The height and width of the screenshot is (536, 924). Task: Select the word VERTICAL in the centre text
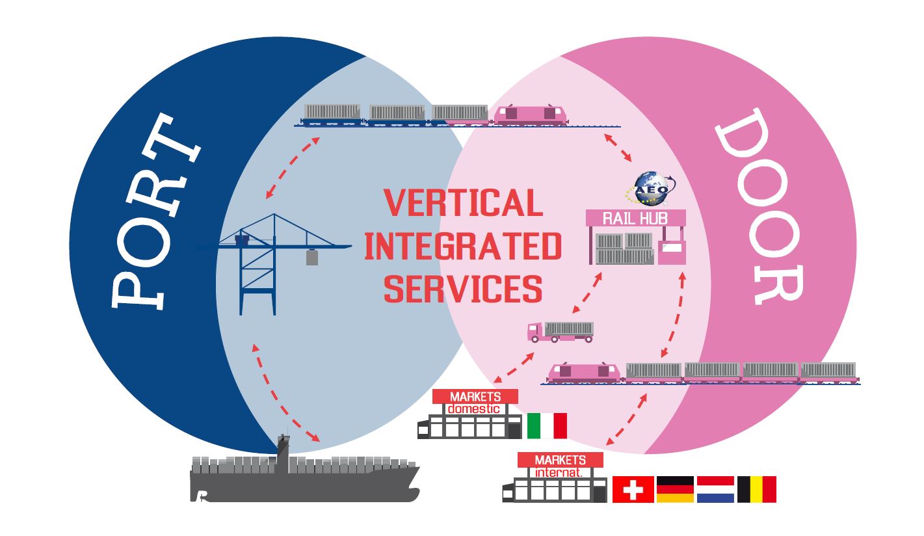tap(462, 203)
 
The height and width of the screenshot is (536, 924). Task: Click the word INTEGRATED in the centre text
tap(462, 247)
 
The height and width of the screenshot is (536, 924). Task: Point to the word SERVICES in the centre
tap(462, 288)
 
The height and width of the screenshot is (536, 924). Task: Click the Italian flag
tap(547, 425)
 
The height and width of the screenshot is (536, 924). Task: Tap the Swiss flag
tap(633, 489)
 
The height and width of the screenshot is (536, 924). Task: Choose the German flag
tap(675, 489)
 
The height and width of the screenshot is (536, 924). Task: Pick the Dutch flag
tap(715, 489)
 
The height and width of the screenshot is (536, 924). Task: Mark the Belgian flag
tap(756, 489)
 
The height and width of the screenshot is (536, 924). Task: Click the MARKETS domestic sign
tap(475, 402)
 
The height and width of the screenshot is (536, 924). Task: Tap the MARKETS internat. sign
tap(560, 466)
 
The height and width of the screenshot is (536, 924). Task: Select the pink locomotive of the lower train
tap(583, 372)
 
